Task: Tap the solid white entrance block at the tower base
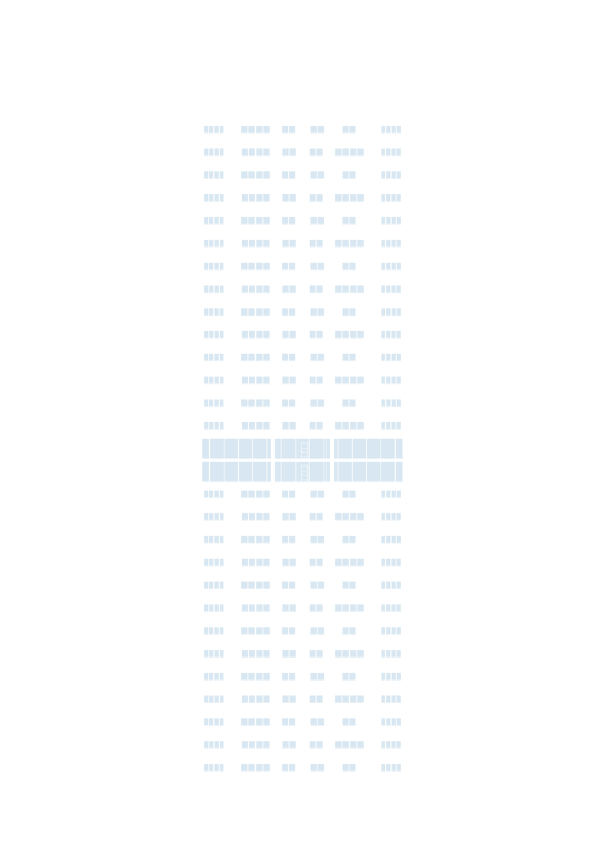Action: (302, 793)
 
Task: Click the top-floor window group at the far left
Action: (213, 129)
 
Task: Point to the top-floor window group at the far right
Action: (391, 129)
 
